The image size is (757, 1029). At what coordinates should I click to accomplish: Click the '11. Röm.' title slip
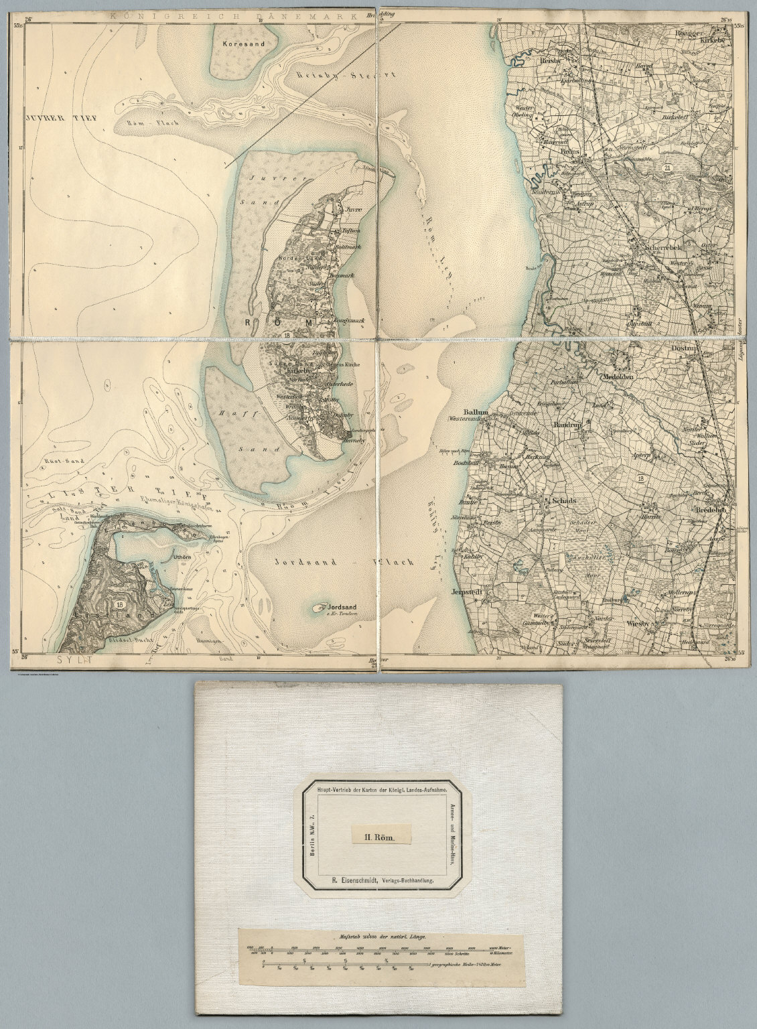tap(378, 837)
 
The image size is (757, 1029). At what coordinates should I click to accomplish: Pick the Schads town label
tap(561, 501)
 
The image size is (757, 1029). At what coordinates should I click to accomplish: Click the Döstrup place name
tap(685, 350)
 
